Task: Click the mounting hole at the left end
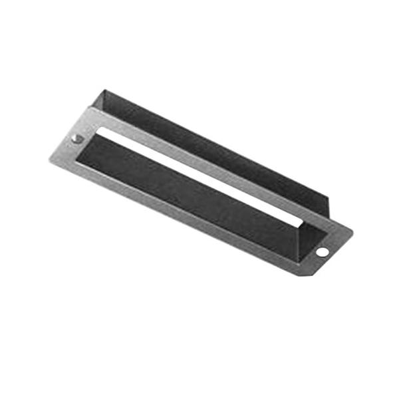click(77, 138)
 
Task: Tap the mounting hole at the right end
click(322, 253)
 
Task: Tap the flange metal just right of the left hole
click(89, 144)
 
